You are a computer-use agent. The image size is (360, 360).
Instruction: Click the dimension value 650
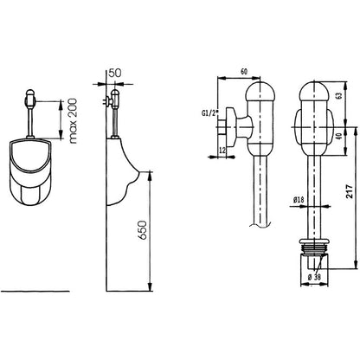pyautogui.click(x=143, y=230)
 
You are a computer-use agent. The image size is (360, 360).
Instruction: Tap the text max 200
pyautogui.click(x=74, y=121)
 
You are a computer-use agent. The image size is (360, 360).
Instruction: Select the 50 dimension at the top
pyautogui.click(x=114, y=73)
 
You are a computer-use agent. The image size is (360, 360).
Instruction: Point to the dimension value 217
pyautogui.click(x=350, y=191)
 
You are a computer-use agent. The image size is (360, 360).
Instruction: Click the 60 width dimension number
pyautogui.click(x=244, y=72)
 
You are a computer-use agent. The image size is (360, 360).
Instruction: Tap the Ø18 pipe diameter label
pyautogui.click(x=299, y=199)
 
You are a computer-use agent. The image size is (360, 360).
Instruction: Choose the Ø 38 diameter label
pyautogui.click(x=314, y=277)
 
